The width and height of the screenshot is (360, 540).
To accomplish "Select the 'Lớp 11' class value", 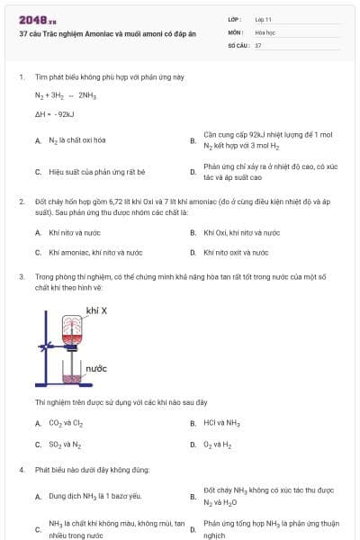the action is [264, 19].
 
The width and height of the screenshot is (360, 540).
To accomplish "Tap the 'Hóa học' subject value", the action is [265, 31].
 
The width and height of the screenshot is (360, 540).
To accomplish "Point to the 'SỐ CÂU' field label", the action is [238, 44].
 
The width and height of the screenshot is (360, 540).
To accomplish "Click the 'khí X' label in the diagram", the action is [96, 310].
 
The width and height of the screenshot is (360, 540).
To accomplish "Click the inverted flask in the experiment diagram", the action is [73, 330].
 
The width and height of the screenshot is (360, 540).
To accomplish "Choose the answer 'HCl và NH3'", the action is [221, 423].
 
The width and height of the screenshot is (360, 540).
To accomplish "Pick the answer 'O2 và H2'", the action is [218, 445].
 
